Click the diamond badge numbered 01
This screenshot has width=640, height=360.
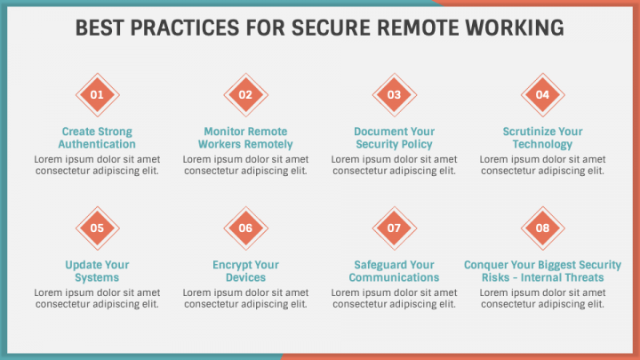[x=97, y=95]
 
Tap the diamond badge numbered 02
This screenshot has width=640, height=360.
[x=245, y=95]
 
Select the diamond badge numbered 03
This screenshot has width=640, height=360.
[x=394, y=95]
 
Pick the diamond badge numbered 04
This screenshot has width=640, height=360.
[x=542, y=95]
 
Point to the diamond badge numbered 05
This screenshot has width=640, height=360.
[x=97, y=228]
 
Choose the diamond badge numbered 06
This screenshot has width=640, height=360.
[x=245, y=228]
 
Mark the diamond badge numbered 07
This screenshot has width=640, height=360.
[x=394, y=228]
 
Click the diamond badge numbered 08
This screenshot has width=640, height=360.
[x=542, y=228]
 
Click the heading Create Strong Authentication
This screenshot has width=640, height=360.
[x=97, y=138]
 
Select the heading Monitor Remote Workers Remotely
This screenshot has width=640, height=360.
[x=245, y=138]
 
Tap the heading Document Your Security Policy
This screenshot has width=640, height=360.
[x=394, y=138]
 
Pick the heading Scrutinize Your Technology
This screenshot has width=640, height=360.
[x=542, y=138]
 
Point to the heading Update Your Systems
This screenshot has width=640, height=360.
[x=97, y=271]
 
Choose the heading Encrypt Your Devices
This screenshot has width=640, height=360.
[x=245, y=271]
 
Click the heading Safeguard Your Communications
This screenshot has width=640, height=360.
[x=394, y=271]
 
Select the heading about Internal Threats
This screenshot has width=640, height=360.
[x=542, y=271]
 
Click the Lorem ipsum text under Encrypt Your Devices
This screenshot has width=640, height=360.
[x=245, y=298]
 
